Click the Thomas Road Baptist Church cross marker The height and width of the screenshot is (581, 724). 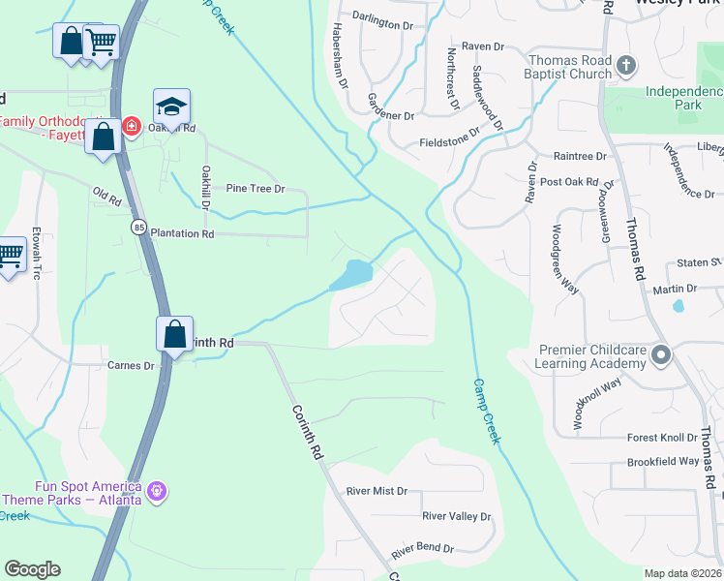tap(626, 66)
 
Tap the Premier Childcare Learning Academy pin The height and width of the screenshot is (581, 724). tap(661, 354)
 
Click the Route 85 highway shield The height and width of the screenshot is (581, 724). tap(140, 227)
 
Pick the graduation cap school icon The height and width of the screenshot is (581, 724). tap(171, 107)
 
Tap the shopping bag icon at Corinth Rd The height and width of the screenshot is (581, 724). tap(175, 335)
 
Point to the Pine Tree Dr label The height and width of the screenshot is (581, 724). tap(256, 189)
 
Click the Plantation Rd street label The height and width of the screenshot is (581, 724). tap(182, 234)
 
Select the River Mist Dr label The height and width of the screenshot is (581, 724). tap(377, 491)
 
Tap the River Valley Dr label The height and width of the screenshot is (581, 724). tap(457, 517)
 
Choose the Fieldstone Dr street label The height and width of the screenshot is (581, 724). tap(450, 138)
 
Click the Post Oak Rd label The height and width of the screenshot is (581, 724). tap(570, 182)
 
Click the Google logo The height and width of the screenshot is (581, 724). tap(32, 569)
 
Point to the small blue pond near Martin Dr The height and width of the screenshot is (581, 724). tap(678, 306)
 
